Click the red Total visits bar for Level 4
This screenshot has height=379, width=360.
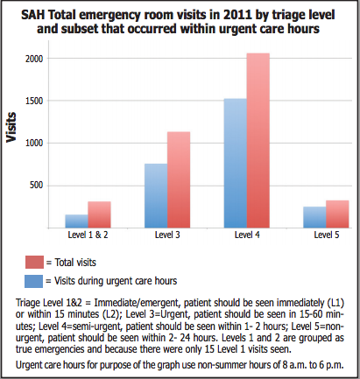point(258,140)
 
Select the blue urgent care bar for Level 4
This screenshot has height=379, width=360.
point(236,163)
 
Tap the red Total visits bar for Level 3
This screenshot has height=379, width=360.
point(179,179)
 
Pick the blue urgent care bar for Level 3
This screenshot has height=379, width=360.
point(156,196)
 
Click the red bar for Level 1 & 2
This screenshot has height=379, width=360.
point(99,214)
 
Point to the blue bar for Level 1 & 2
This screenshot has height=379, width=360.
point(77,221)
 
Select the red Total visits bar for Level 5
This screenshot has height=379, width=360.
point(337,214)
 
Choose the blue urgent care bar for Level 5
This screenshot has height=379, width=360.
point(314,217)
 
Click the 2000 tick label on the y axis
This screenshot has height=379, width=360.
point(34,59)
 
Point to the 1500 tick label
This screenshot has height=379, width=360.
point(34,101)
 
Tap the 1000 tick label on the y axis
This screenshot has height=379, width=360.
point(34,144)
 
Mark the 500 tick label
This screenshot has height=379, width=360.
point(36,186)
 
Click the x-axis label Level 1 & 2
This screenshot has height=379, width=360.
point(88,235)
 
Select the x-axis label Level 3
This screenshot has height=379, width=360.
point(167,235)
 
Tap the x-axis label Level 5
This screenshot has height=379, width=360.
point(327,235)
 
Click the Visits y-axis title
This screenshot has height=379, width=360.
point(11,127)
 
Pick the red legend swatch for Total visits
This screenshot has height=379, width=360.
point(34,262)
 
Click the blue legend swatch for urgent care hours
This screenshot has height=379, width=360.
point(33,281)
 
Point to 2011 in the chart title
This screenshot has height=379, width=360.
point(236,15)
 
